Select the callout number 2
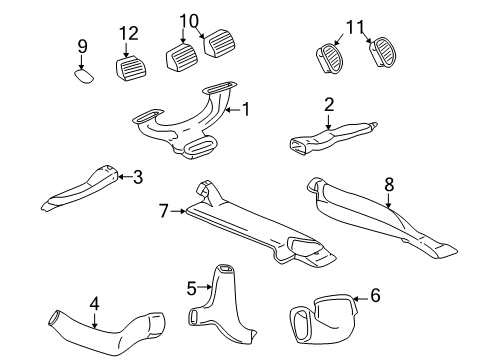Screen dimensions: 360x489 coord(329,103)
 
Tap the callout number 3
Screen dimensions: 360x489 coord(138,177)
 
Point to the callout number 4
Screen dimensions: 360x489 coord(94,303)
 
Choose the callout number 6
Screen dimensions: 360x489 coord(376,295)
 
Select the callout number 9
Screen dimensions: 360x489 coord(83,45)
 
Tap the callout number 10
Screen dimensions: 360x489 coord(190,20)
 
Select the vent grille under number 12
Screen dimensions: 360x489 coord(131,70)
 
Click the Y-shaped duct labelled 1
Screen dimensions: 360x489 coord(190,124)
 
